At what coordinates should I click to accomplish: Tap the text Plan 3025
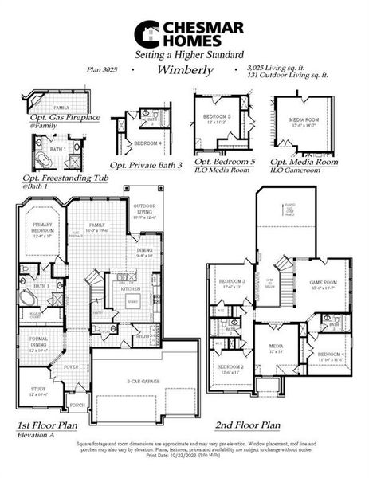(x=101, y=70)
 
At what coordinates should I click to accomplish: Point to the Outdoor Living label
(x=145, y=210)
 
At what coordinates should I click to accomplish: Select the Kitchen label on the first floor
(x=131, y=288)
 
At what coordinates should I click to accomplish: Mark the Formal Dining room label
(x=39, y=343)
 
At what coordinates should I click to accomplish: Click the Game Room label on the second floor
(x=324, y=284)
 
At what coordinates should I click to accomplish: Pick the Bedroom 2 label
(x=232, y=369)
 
